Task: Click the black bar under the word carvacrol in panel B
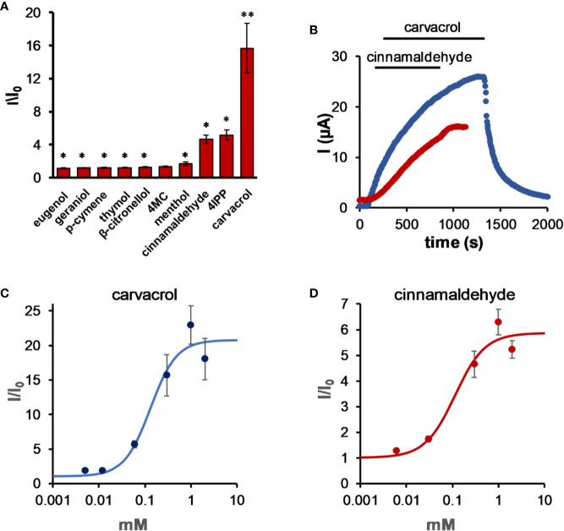(x=434, y=38)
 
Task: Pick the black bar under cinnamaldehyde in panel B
(x=408, y=64)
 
